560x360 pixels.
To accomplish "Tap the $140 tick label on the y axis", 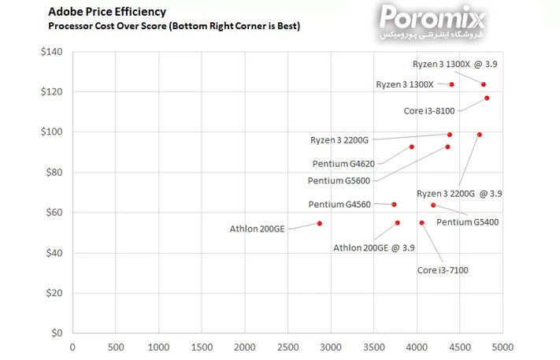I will pyautogui.click(x=50, y=52).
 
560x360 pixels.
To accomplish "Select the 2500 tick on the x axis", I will pyautogui.click(x=287, y=346).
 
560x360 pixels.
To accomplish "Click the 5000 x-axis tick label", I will pyautogui.click(x=503, y=346).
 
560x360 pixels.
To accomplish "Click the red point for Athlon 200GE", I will pyautogui.click(x=319, y=223).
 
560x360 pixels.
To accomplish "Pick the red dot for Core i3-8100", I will pyautogui.click(x=487, y=98).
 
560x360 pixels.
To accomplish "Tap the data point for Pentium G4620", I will pyautogui.click(x=411, y=147).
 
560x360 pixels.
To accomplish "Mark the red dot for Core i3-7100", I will pyautogui.click(x=421, y=223).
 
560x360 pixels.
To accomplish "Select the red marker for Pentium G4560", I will pyautogui.click(x=394, y=204).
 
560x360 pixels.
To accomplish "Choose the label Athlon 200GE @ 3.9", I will pyautogui.click(x=373, y=247).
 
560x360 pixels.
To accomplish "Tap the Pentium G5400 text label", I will pyautogui.click(x=467, y=222).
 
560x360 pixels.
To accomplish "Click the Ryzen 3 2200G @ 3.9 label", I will pyautogui.click(x=459, y=193).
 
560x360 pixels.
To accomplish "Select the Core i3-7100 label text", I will pyautogui.click(x=443, y=270).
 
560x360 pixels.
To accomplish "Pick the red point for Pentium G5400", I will pyautogui.click(x=432, y=205).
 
